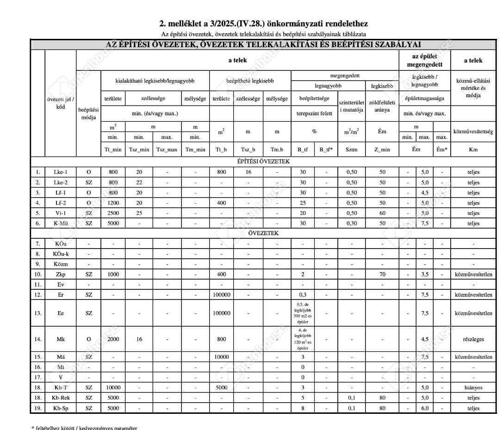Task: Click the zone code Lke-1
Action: [60, 172]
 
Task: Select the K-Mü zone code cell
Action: [60, 223]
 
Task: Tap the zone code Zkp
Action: [60, 274]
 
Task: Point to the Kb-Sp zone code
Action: [60, 408]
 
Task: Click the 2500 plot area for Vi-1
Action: [113, 213]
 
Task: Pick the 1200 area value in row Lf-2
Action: [113, 203]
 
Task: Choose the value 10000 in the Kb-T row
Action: [113, 387]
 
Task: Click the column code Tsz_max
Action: [167, 149]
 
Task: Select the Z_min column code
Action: [382, 149]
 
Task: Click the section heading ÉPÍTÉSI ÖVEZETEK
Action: [263, 162]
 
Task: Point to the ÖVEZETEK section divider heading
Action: [263, 233]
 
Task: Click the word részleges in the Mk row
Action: [473, 339]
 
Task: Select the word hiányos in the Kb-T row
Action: [473, 387]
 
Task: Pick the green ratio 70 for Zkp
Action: [382, 274]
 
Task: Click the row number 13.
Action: [38, 313]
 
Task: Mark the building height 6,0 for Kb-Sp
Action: [424, 408]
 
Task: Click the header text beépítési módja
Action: [88, 114]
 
